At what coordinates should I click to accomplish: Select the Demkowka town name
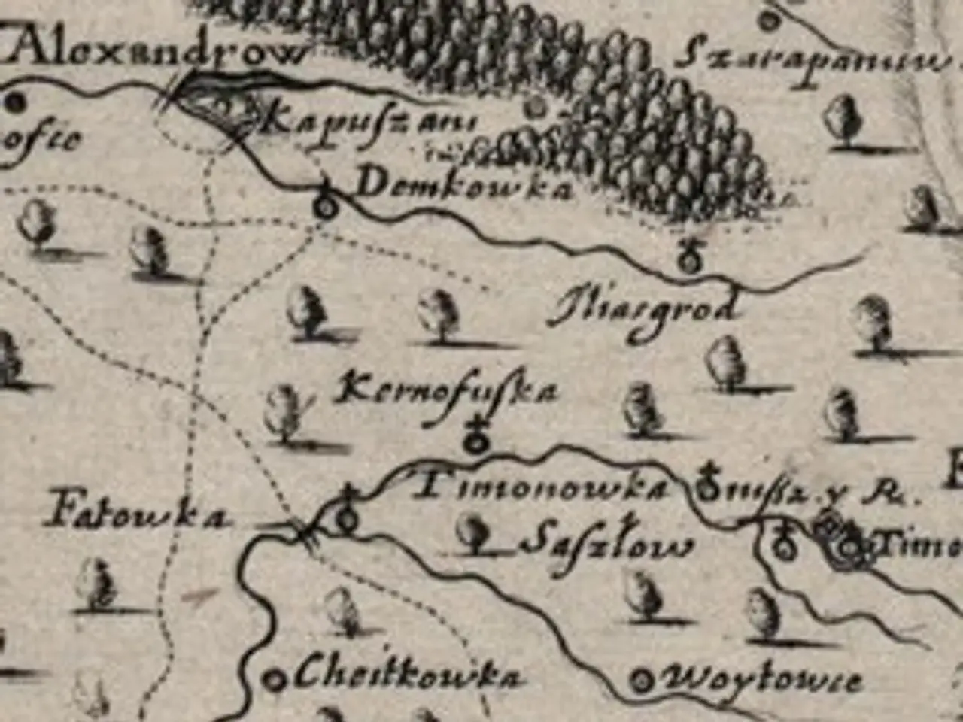click(x=463, y=187)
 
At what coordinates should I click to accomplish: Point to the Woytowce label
click(x=760, y=681)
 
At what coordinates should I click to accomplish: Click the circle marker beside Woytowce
click(x=643, y=681)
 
